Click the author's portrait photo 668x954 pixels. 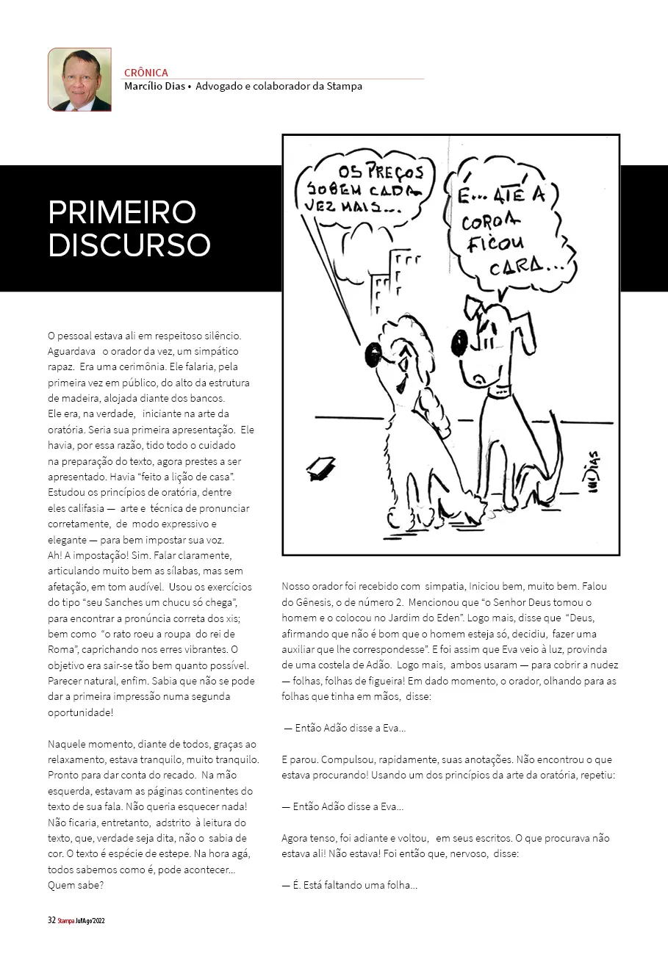click(79, 79)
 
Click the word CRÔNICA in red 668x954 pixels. click(146, 73)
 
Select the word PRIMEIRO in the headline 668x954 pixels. click(122, 212)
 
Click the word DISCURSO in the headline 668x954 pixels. click(129, 245)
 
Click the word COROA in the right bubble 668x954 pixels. click(491, 222)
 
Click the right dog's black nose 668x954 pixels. click(459, 340)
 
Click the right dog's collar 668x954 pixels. click(502, 390)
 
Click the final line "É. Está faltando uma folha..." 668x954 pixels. click(350, 885)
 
